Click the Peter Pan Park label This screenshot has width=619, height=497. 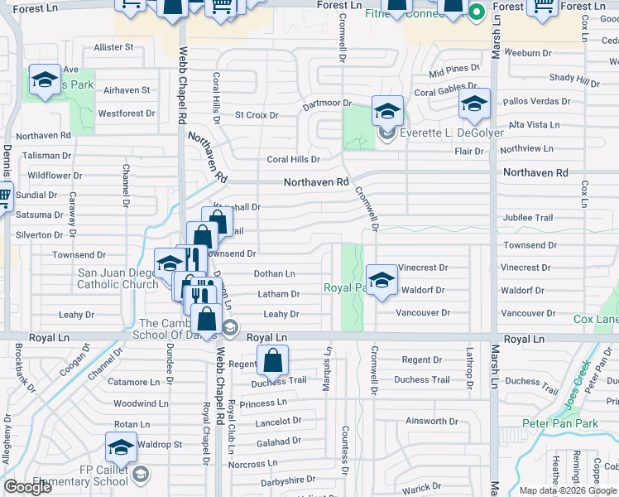pyautogui.click(x=559, y=423)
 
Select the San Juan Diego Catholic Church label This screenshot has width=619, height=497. pyautogui.click(x=117, y=278)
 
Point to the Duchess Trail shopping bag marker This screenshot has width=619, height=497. pyautogui.click(x=273, y=360)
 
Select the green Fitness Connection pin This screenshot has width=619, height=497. pyautogui.click(x=476, y=12)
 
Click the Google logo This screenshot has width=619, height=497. pyautogui.click(x=28, y=487)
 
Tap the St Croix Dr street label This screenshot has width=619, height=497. pyautogui.click(x=257, y=115)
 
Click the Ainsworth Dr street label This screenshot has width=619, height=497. pyautogui.click(x=426, y=421)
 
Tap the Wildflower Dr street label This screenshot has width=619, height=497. pyautogui.click(x=54, y=176)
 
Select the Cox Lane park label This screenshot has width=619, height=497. pyautogui.click(x=595, y=319)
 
